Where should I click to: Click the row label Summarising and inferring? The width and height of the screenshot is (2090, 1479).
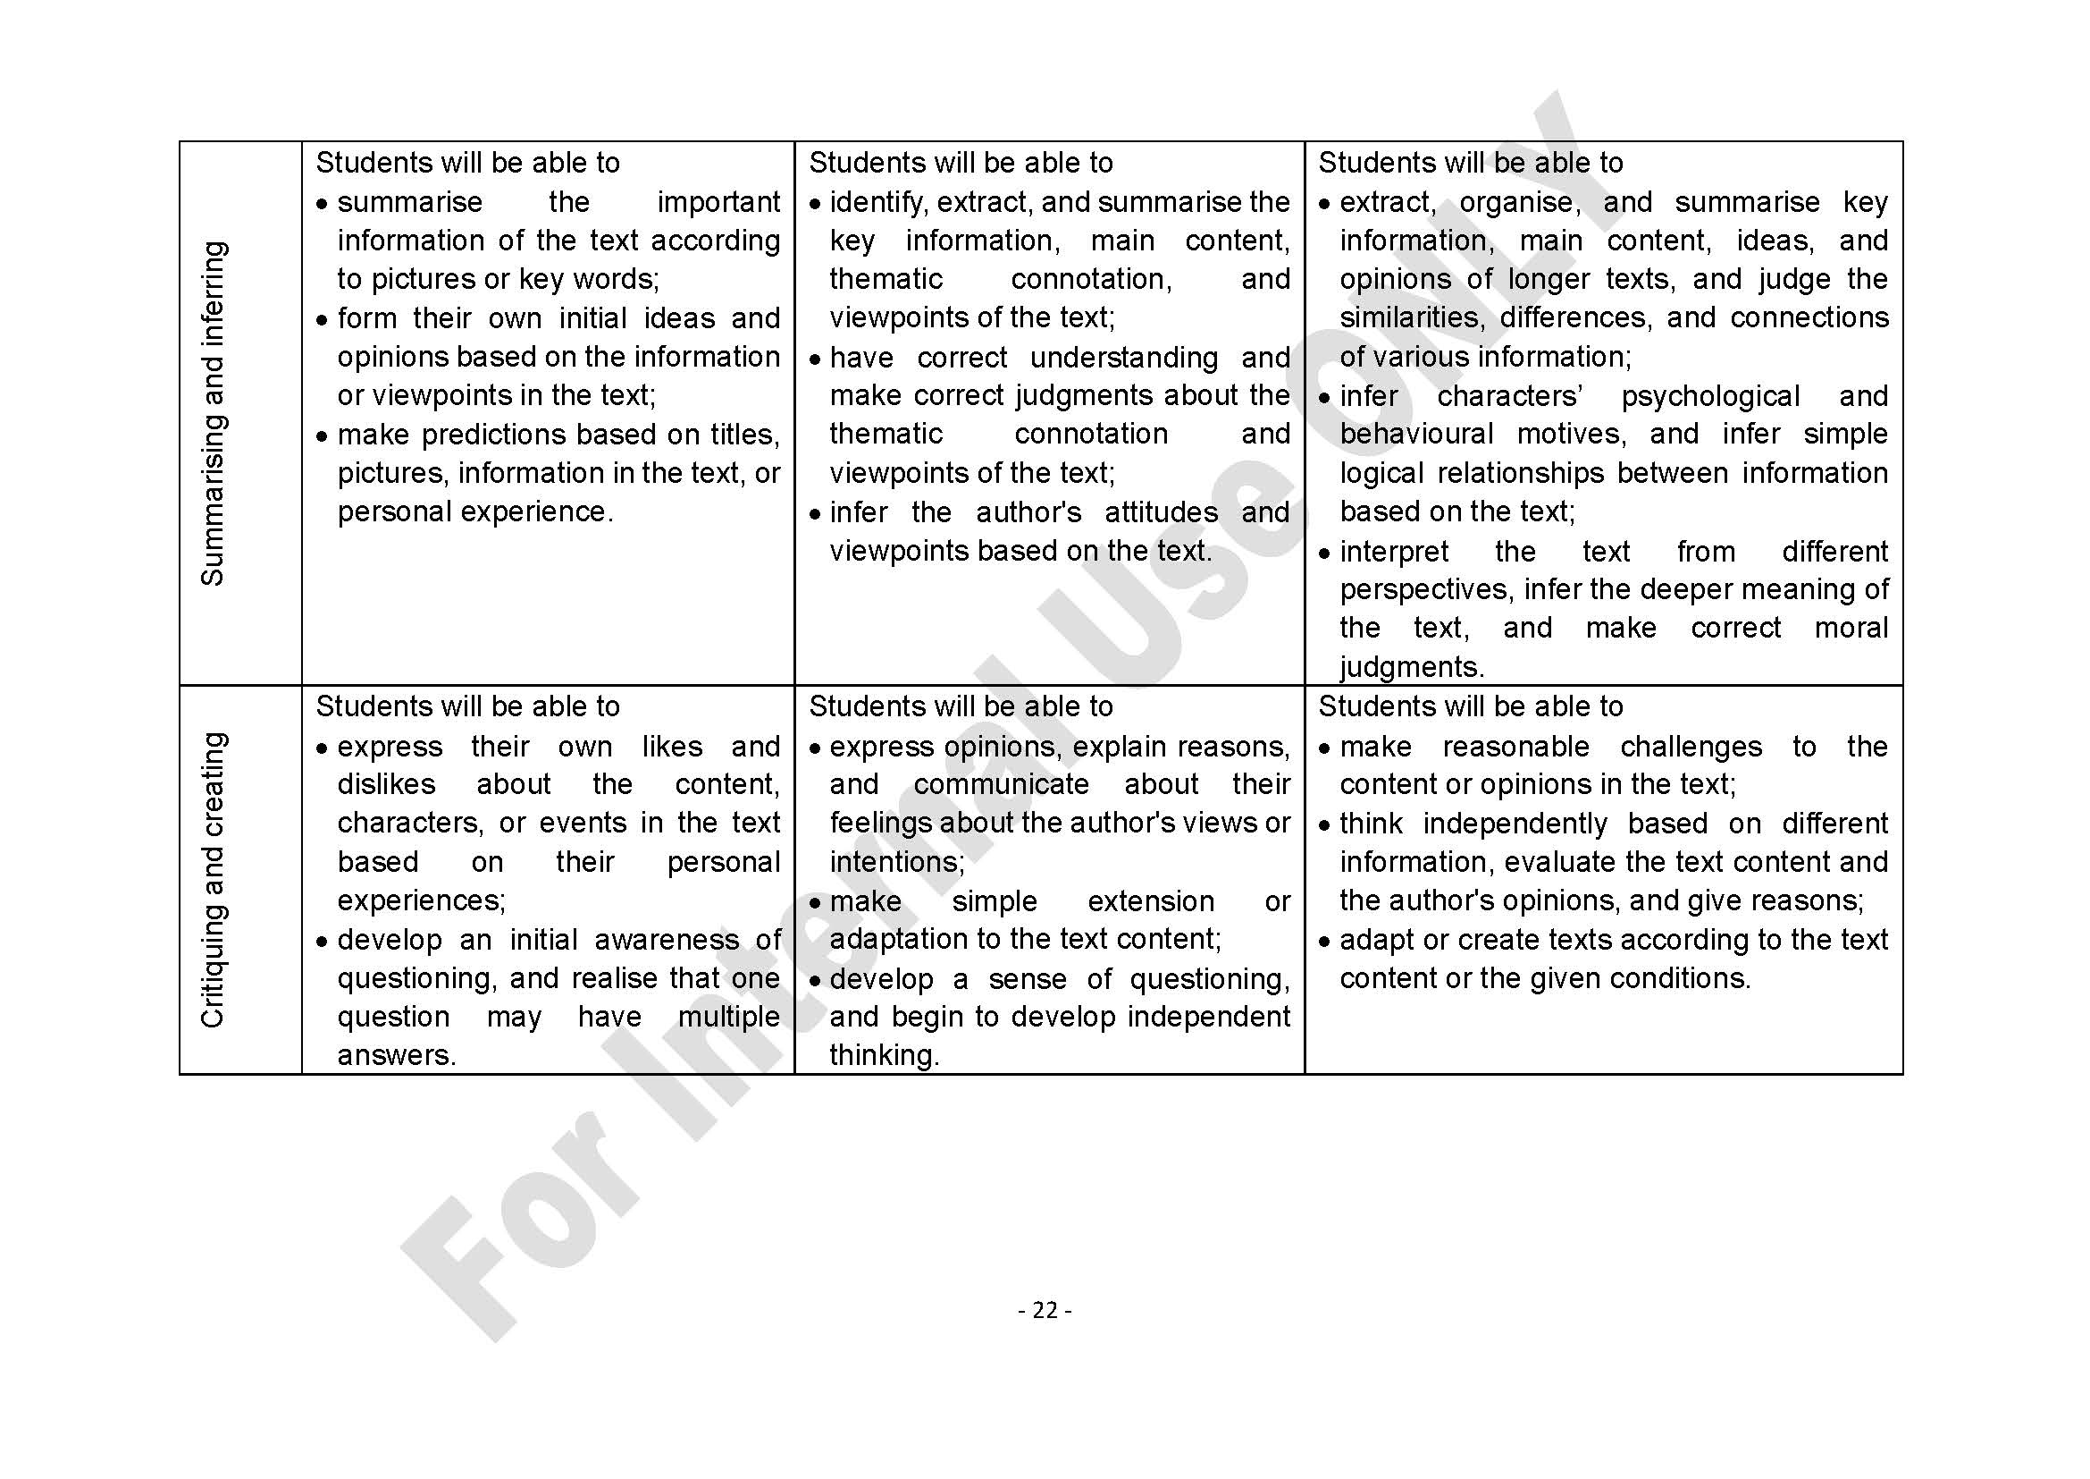[x=212, y=412]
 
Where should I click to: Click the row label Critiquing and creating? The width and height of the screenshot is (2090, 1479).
[x=212, y=880]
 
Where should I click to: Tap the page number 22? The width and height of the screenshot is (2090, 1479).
[x=1045, y=1310]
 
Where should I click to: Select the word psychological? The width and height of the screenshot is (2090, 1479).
[x=1709, y=396]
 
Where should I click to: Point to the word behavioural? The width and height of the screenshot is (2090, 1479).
[x=1415, y=435]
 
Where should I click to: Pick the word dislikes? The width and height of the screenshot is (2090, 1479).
[x=386, y=784]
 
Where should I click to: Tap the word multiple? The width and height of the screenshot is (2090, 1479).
[x=728, y=1017]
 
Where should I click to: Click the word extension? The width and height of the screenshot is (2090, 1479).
[x=1151, y=900]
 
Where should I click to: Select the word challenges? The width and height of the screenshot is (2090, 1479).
[x=1691, y=747]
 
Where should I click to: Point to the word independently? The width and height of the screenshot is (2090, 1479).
[x=1515, y=824]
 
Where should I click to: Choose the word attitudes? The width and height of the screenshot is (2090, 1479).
[x=1161, y=512]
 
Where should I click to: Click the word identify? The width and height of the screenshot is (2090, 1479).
[x=877, y=202]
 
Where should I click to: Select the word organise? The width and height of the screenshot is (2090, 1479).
[x=1519, y=202]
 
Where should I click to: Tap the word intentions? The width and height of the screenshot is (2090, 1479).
[x=895, y=861]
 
